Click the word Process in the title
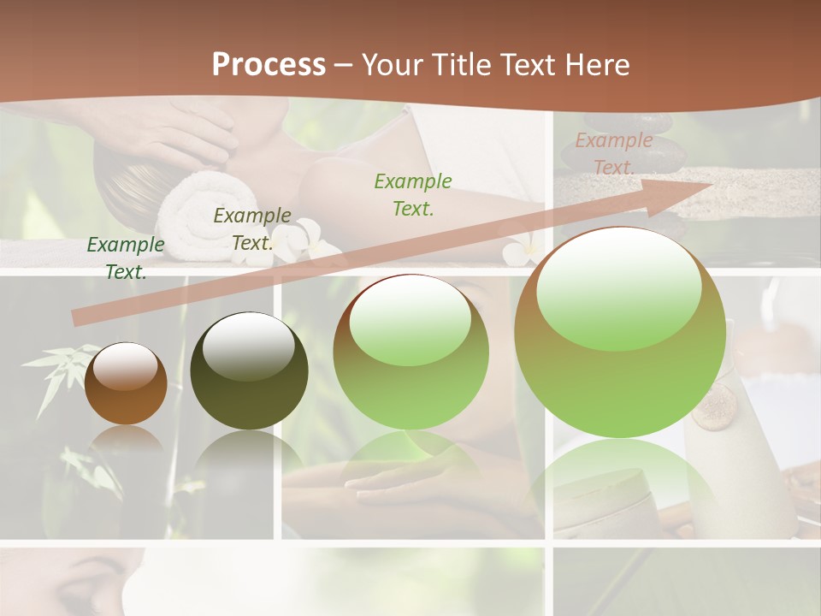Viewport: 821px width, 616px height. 269,65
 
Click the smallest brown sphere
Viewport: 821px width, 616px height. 126,383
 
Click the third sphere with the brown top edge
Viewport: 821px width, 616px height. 411,352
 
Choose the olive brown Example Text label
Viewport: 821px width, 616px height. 252,229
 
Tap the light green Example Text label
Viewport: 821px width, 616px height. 413,194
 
